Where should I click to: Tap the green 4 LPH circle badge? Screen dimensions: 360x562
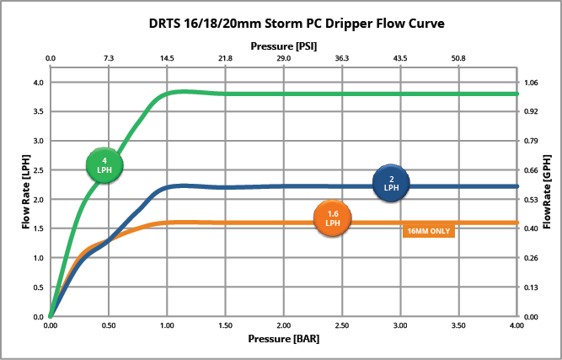click(104, 164)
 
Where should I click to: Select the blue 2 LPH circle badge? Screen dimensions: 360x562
click(391, 183)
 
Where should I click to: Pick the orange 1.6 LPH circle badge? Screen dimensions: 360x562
click(333, 218)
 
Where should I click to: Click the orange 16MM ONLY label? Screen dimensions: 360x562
click(429, 231)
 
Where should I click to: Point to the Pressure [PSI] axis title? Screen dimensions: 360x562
click(284, 46)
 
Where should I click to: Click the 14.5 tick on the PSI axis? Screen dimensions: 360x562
click(167, 58)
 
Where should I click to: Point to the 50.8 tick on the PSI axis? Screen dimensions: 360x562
click(458, 58)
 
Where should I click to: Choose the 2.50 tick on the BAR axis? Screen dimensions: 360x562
click(342, 325)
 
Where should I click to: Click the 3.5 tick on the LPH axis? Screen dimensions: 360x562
click(38, 112)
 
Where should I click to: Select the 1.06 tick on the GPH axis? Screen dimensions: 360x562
click(530, 83)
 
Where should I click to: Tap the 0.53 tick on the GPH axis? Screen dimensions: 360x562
click(530, 200)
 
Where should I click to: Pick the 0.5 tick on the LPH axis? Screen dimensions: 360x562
click(38, 287)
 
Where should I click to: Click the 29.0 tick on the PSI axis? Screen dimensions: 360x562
click(284, 58)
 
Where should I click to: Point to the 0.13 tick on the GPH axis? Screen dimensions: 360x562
click(530, 287)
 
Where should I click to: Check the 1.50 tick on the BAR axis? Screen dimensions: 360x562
click(226, 325)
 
